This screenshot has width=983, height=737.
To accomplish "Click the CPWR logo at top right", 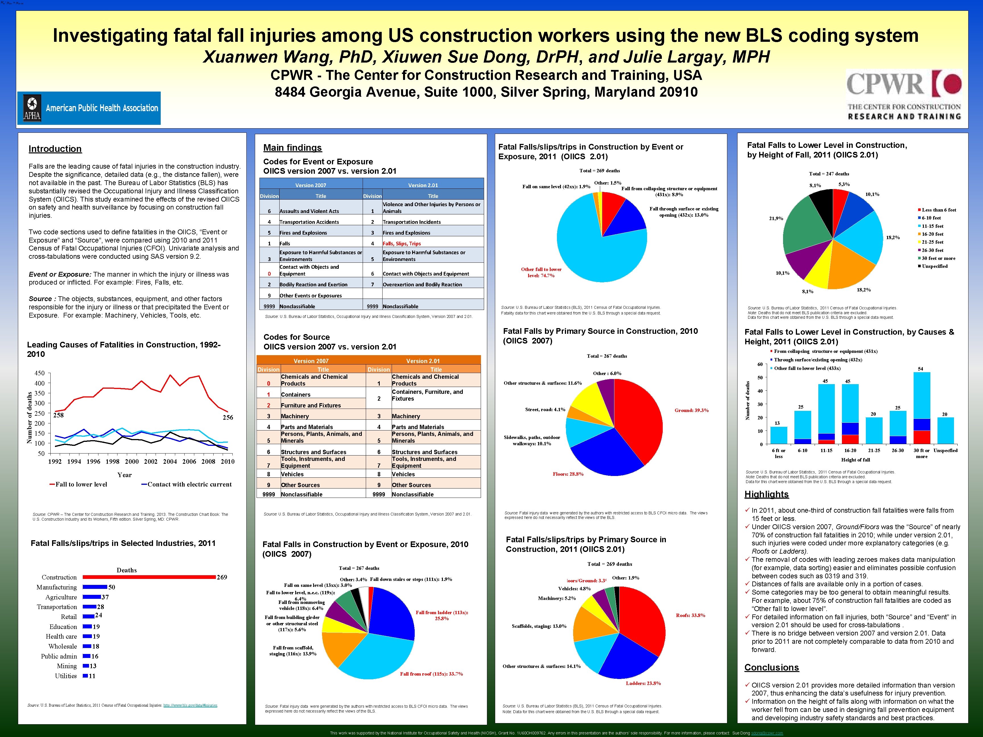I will coord(904,95).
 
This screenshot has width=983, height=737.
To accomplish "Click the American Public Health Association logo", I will coord(89,108).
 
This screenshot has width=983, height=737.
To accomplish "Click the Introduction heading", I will coord(55,149).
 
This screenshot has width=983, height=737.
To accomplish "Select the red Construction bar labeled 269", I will coord(149,577).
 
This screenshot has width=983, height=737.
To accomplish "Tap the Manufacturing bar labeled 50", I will coord(95,587).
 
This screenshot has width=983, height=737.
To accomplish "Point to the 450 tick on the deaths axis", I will coord(40,373).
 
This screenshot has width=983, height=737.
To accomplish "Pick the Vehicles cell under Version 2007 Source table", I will coord(292,474).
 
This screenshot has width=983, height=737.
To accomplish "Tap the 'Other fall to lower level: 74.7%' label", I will coord(541,272).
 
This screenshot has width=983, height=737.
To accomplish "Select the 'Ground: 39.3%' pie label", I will coord(691,410).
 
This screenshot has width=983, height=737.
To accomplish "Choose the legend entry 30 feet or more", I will coord(938,258).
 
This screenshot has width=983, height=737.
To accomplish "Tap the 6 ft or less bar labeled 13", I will coord(778,435).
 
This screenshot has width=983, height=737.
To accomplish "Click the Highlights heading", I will coord(767,494).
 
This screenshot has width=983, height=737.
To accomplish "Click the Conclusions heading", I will coord(771,668).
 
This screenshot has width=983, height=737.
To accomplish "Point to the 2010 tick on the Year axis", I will coord(228,461).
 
